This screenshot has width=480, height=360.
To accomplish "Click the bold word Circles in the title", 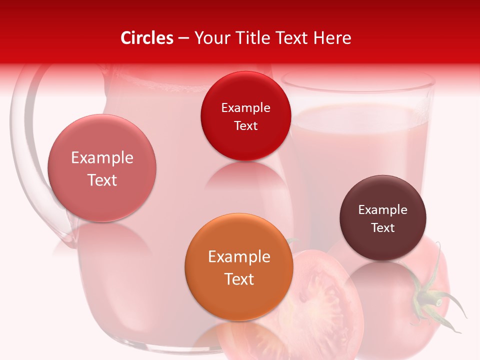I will coord(147,38).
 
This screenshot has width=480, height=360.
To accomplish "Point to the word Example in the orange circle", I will coord(239,257).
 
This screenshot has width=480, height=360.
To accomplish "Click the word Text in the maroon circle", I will coord(383,228).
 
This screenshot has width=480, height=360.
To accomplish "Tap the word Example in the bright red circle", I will coord(245,108).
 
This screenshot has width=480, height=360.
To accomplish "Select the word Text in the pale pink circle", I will coord(102,180).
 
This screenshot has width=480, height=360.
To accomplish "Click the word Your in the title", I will coord(210,38).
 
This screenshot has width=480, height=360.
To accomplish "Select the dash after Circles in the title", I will coord(183,38).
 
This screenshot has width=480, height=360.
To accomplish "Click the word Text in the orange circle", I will coord(239,279).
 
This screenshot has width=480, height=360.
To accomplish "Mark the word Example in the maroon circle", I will coord(383,210).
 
